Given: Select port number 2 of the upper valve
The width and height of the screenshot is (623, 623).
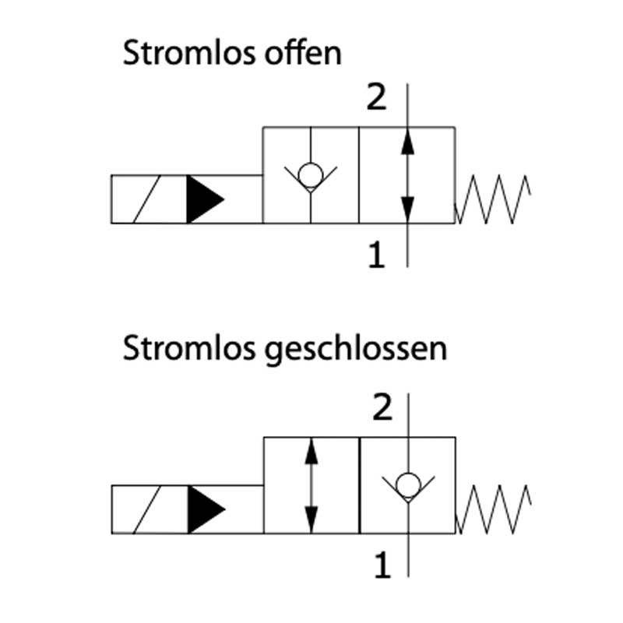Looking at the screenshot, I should tap(377, 99).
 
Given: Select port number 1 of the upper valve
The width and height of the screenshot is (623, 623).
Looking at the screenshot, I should tap(376, 255).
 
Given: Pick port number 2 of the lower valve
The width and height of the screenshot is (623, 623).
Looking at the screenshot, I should tap(382, 408).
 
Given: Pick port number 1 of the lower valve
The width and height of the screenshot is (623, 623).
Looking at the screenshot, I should tap(382, 565).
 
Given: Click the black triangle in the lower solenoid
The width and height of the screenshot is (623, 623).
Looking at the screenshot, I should tap(206, 509).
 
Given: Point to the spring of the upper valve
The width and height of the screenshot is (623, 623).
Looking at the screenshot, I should tap(493, 199).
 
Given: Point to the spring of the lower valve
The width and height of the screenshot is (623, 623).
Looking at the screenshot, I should tap(494, 509).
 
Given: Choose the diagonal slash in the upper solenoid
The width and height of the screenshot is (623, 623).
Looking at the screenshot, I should tap(148, 199).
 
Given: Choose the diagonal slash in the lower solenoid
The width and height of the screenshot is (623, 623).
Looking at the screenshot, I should tap(148, 509).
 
